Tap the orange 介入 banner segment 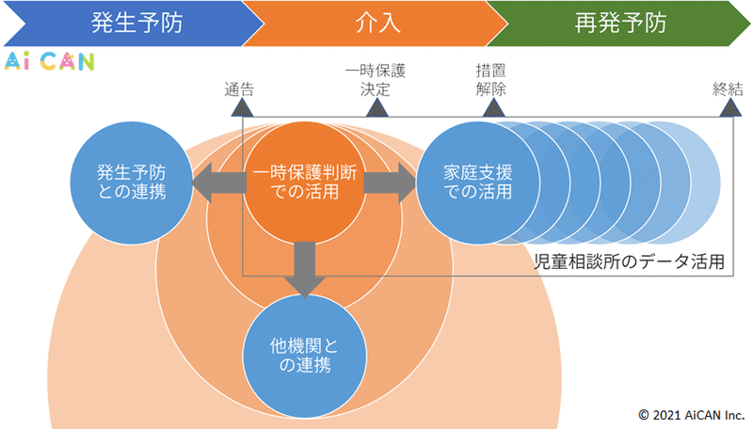[377, 23]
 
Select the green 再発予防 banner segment [619, 23]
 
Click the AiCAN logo [50, 61]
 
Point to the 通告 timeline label [239, 89]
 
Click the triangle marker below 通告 [242, 107]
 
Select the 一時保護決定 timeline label [376, 80]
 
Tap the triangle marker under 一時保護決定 [377, 107]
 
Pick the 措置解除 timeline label [490, 80]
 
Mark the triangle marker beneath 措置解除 [493, 107]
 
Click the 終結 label [728, 89]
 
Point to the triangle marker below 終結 [730, 107]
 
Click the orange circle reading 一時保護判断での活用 [304, 183]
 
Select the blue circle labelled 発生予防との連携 [132, 183]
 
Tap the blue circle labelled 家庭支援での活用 [478, 183]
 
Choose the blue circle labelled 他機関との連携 [304, 356]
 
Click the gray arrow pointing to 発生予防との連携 [219, 183]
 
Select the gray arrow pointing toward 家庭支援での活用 [390, 183]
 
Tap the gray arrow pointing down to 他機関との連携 [304, 270]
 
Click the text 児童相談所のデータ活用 [629, 262]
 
